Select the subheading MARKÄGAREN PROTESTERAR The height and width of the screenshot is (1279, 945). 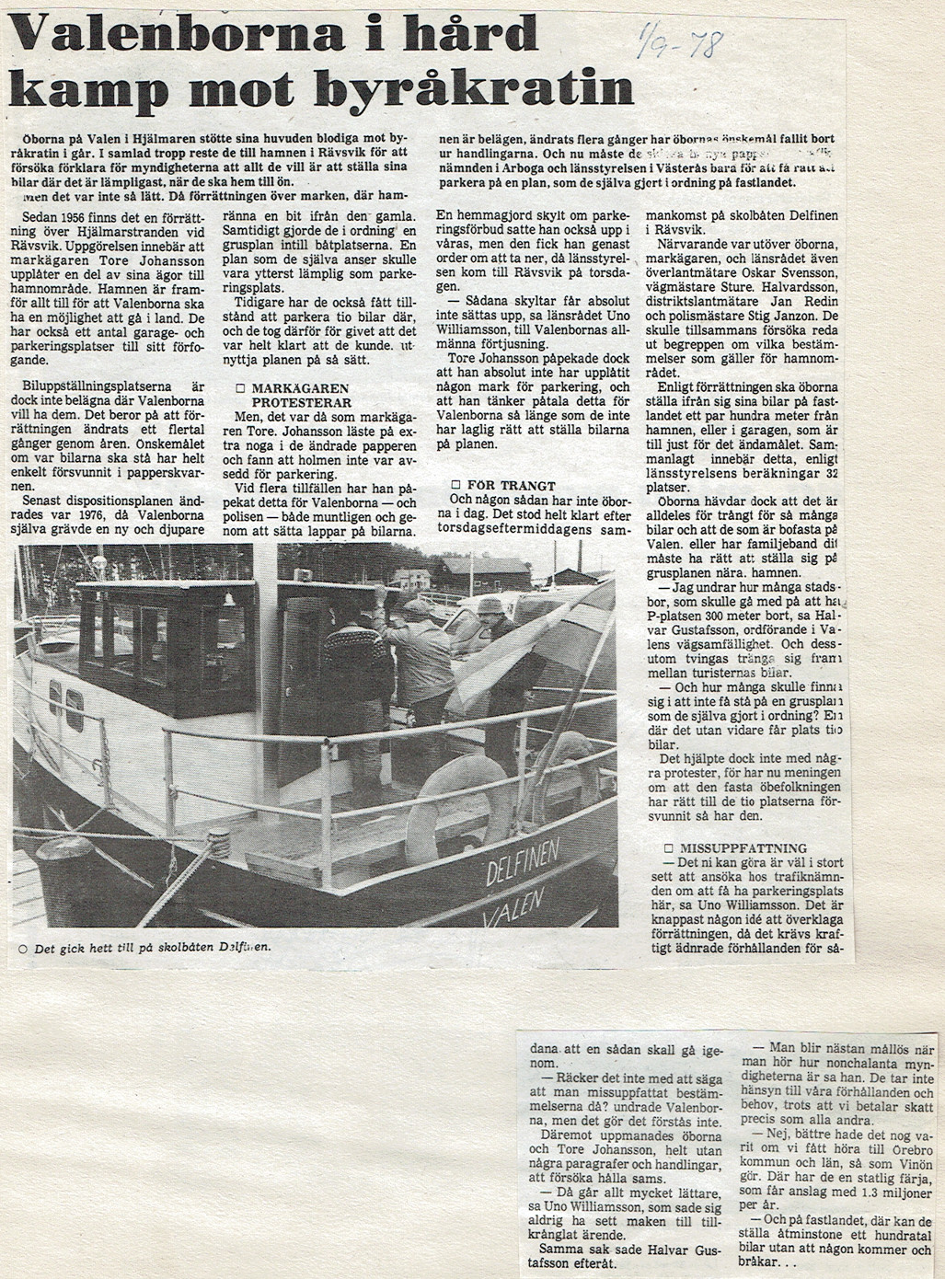point(294,396)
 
